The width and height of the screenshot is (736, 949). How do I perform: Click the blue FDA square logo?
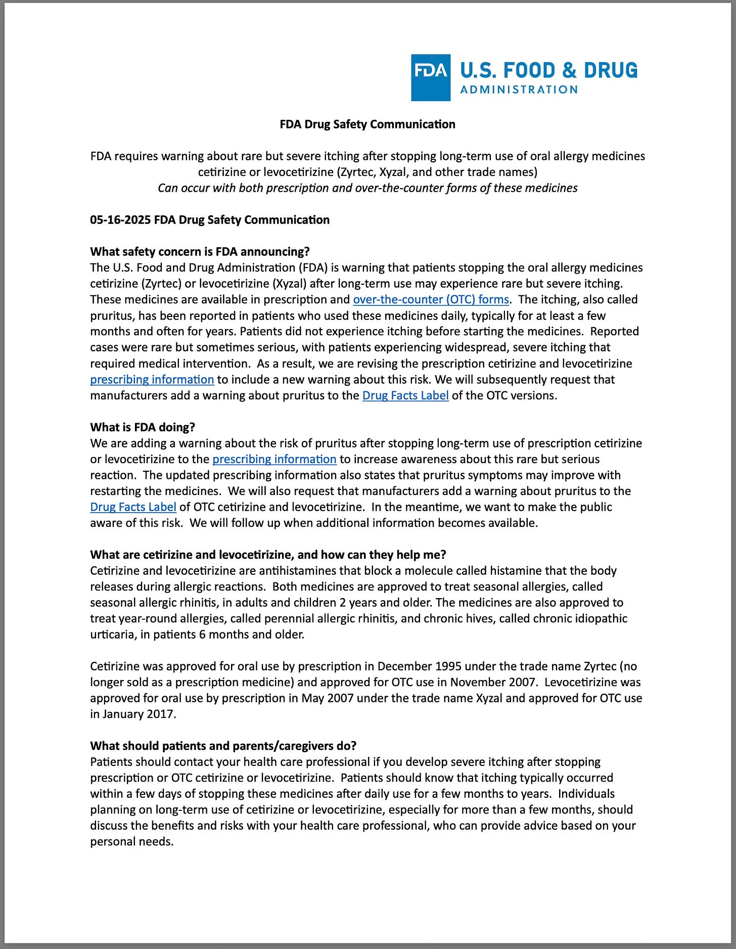pyautogui.click(x=430, y=77)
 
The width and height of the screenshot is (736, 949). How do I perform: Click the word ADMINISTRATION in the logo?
pyautogui.click(x=519, y=90)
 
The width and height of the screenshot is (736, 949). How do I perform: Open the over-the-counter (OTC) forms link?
pyautogui.click(x=431, y=299)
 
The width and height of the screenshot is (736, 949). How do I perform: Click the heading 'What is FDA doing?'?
pyautogui.click(x=143, y=427)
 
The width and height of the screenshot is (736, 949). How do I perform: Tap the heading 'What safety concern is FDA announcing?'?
pyautogui.click(x=200, y=252)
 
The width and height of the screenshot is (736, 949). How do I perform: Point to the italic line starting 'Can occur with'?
pyautogui.click(x=367, y=188)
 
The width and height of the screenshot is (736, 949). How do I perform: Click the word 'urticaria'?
pyautogui.click(x=112, y=635)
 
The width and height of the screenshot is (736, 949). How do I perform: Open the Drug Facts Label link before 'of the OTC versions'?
pyautogui.click(x=405, y=395)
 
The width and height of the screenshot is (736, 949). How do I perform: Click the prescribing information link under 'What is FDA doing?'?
pyautogui.click(x=274, y=459)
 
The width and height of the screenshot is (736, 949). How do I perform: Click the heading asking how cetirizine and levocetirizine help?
pyautogui.click(x=268, y=555)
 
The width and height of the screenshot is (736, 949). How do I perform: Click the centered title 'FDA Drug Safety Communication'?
pyautogui.click(x=367, y=124)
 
